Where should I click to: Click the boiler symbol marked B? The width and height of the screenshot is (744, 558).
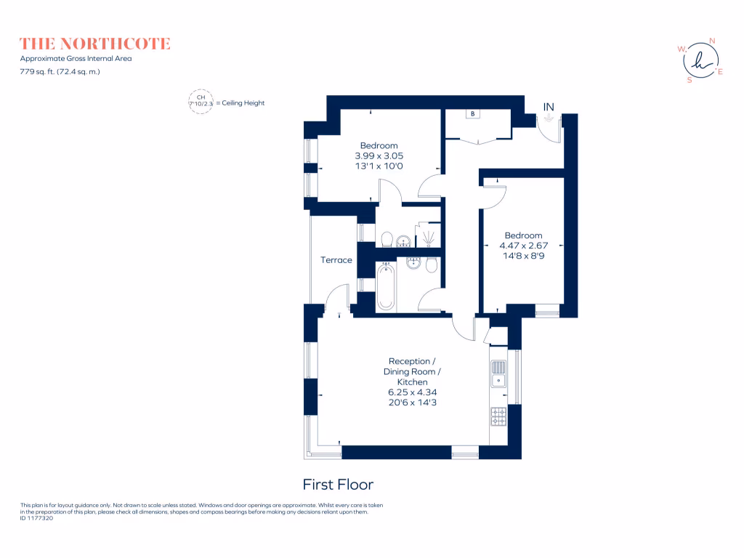click(x=473, y=114)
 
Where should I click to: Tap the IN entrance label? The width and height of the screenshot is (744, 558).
click(x=549, y=108)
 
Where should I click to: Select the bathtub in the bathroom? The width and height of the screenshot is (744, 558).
click(x=385, y=286)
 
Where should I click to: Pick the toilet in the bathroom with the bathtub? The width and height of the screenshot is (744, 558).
click(x=432, y=265)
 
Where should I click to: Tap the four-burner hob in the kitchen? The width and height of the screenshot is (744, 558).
click(x=498, y=416)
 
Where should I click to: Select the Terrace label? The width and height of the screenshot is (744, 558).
click(x=336, y=260)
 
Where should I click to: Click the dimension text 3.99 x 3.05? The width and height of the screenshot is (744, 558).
click(x=379, y=155)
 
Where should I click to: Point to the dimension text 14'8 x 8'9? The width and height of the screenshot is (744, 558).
click(x=523, y=256)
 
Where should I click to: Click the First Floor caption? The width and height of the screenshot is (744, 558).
click(x=338, y=484)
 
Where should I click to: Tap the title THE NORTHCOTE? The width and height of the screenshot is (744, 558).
click(x=95, y=44)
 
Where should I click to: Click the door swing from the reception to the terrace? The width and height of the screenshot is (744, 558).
click(x=336, y=296)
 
